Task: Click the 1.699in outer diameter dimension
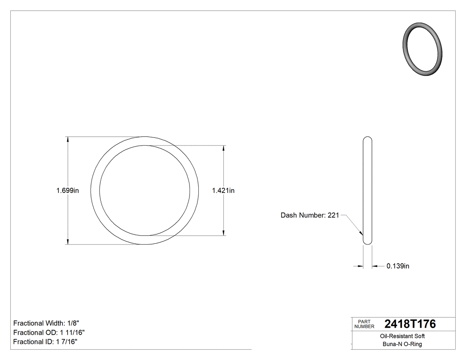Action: pyautogui.click(x=67, y=191)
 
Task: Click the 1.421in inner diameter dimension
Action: pyautogui.click(x=223, y=191)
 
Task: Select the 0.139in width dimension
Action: pyautogui.click(x=398, y=266)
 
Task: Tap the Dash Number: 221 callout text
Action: pyautogui.click(x=310, y=215)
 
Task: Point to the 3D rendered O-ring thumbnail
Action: pyautogui.click(x=423, y=49)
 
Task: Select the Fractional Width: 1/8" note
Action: pyautogui.click(x=47, y=323)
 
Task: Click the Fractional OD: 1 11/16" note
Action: pyautogui.click(x=49, y=332)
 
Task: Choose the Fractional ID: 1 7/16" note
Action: pyautogui.click(x=46, y=342)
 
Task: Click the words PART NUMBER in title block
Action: pyautogui.click(x=364, y=324)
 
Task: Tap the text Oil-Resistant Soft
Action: pyautogui.click(x=403, y=336)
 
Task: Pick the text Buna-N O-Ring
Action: pyautogui.click(x=403, y=344)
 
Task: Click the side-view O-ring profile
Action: pyautogui.click(x=367, y=191)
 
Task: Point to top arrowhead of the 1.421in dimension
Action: pyautogui.click(x=223, y=148)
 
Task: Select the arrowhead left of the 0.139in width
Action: pyautogui.click(x=360, y=266)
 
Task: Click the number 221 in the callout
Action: pyautogui.click(x=333, y=215)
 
